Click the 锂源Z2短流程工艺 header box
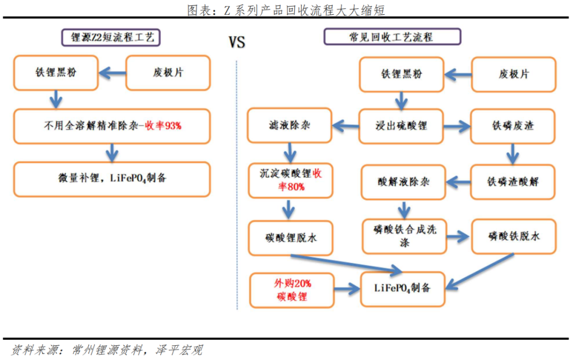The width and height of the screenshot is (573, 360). point(111,37)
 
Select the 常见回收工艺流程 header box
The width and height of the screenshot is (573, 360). point(392,37)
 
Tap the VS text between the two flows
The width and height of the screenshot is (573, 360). point(237,42)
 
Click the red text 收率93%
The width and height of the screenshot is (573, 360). point(163,126)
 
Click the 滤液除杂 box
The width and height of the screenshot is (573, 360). point(290,125)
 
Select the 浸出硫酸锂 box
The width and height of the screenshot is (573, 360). point(401,126)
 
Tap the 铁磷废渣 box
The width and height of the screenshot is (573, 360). point(513,126)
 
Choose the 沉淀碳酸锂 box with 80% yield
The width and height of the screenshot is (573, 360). point(291,180)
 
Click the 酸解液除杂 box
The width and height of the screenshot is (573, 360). point(403,182)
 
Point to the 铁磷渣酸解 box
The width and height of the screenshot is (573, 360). point(513,182)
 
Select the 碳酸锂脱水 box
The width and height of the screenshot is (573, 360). point(291,238)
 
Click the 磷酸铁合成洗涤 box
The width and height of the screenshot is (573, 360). point(404,236)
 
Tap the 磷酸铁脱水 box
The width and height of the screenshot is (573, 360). point(514,236)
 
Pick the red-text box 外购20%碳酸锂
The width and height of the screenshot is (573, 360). point(292,290)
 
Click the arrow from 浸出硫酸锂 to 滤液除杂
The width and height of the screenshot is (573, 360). point(345,126)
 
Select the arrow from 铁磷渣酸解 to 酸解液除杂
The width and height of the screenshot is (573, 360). point(458,182)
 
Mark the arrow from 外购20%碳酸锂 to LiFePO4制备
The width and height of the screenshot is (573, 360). point(348,289)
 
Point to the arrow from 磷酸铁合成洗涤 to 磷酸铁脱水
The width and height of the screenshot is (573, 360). point(458,236)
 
